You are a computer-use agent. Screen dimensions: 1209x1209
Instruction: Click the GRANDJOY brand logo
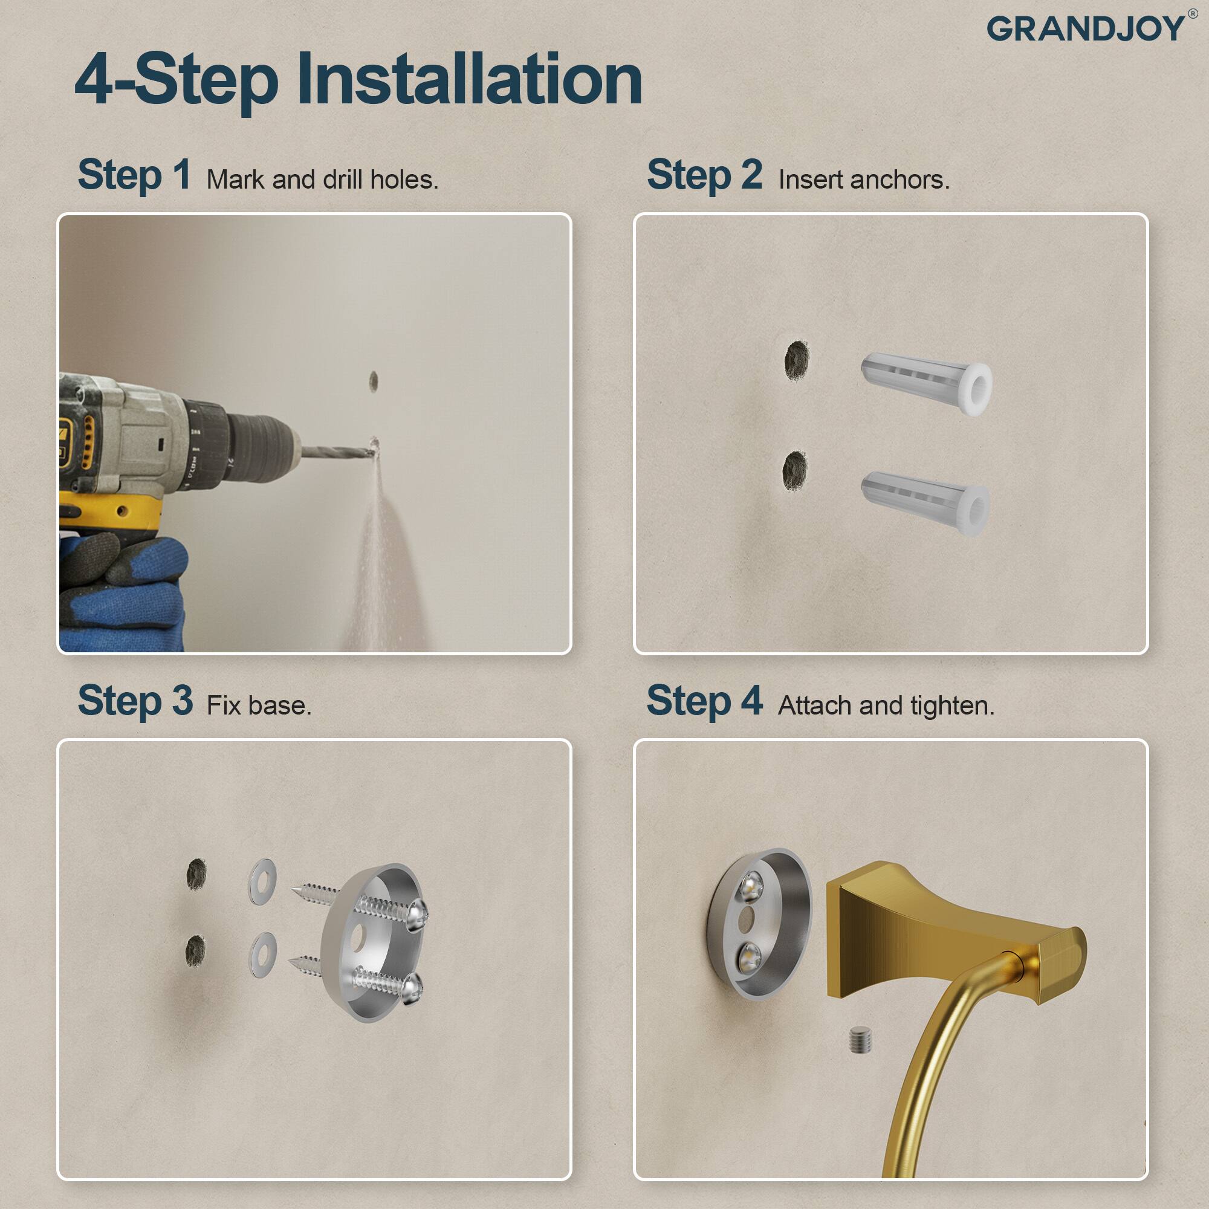click(1086, 29)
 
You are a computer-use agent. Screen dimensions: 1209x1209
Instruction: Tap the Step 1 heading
click(134, 175)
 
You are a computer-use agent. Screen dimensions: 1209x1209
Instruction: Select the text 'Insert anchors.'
click(864, 180)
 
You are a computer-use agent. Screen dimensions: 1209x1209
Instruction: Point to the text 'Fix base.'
click(259, 706)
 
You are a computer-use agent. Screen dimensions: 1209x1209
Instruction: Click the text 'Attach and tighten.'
click(886, 706)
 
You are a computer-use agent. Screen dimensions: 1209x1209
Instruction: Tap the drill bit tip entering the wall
click(373, 447)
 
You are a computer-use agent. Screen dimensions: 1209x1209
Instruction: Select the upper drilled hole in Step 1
click(374, 380)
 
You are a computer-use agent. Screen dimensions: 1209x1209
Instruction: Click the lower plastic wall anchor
click(925, 502)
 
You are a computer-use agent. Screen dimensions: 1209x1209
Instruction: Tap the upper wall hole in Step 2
click(797, 360)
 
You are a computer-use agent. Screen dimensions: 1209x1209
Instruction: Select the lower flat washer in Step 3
click(263, 955)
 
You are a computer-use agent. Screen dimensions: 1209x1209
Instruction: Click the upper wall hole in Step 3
click(196, 874)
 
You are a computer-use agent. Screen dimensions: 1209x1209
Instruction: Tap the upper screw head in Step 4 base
click(750, 886)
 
